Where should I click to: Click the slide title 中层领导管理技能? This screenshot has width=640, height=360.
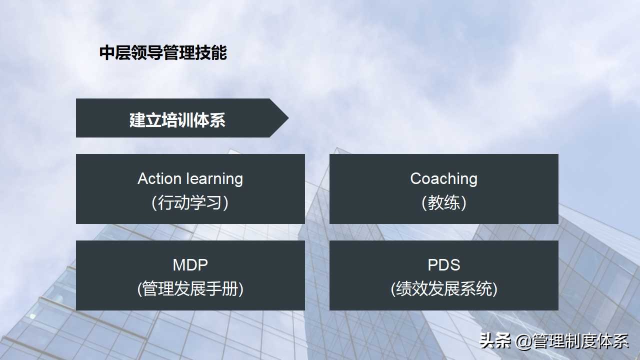[x=163, y=52]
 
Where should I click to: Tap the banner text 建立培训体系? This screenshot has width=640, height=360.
[x=177, y=120]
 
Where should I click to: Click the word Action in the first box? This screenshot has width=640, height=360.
[x=159, y=178]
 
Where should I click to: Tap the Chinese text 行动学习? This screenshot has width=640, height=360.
[x=190, y=202]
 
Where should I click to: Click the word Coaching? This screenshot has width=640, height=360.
[x=443, y=178]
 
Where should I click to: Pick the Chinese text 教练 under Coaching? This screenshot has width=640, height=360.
[x=443, y=202]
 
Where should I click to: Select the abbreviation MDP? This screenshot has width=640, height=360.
[x=190, y=264]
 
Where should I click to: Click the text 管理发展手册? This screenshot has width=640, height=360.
[x=190, y=289]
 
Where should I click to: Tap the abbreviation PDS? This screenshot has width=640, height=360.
[x=443, y=264]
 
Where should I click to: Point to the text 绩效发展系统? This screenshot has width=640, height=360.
[x=443, y=289]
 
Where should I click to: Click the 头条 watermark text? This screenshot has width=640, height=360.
[x=495, y=341]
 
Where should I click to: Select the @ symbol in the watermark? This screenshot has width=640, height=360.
[x=523, y=341]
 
